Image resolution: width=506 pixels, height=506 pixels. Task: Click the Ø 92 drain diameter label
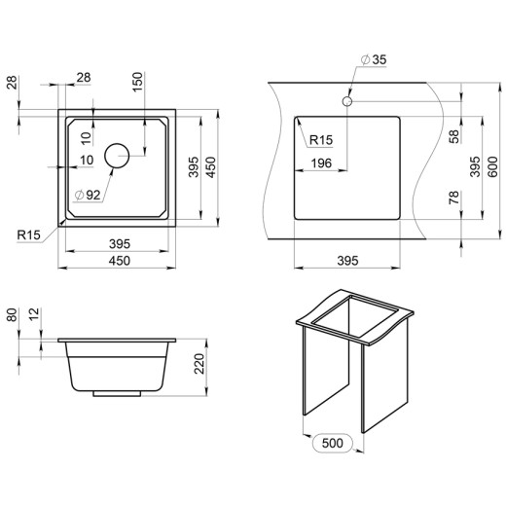click(x=88, y=195)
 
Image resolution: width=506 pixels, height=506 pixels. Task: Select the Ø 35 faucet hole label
click(x=374, y=59)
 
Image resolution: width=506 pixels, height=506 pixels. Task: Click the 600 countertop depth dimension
click(x=492, y=166)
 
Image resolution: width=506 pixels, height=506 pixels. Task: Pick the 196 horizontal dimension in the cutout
click(x=321, y=163)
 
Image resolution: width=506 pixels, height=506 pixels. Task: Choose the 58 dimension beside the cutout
click(x=454, y=136)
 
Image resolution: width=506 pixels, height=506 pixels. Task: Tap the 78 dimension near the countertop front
click(x=454, y=198)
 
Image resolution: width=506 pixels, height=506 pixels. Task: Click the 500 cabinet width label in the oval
click(x=333, y=443)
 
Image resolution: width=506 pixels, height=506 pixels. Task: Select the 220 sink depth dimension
click(x=199, y=364)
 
